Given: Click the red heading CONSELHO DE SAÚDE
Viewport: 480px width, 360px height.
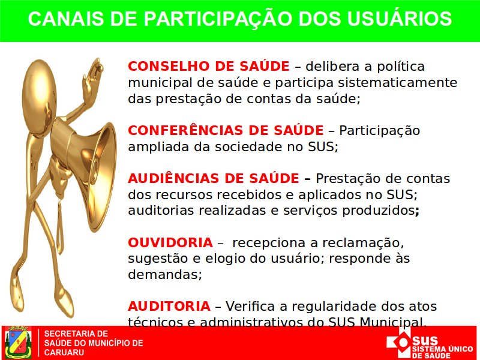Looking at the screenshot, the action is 208,66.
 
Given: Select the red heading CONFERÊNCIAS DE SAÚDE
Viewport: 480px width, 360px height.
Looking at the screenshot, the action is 226,130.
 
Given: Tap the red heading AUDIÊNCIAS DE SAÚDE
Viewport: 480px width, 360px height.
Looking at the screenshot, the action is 214,178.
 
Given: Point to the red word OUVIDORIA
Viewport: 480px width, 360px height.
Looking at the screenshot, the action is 170,242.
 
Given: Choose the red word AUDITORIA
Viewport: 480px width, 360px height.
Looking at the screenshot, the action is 169,306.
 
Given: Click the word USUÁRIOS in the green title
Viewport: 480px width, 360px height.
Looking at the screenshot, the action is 400,19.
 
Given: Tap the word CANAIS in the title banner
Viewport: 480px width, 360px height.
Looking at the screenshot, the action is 66,19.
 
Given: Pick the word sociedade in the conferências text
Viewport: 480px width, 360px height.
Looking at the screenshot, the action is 248,146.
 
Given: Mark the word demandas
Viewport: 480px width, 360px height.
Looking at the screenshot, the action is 164,274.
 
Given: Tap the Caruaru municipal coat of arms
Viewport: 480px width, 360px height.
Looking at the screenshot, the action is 18,343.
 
